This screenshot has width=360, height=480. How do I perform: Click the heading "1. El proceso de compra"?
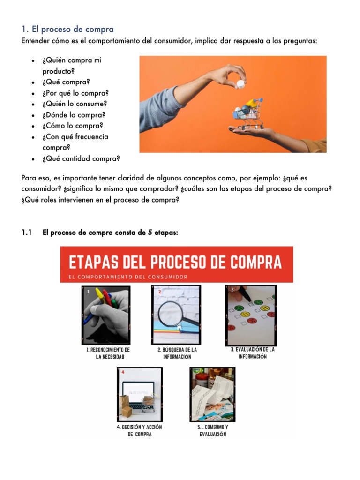coord(67,30)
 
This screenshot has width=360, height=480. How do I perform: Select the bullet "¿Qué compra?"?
coord(66,82)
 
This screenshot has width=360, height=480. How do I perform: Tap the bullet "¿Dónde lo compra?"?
coord(74,115)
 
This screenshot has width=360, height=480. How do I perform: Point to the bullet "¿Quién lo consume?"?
coord(75,104)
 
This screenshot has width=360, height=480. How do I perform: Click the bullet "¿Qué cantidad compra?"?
coord(81,158)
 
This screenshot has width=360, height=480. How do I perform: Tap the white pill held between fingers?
coord(240,84)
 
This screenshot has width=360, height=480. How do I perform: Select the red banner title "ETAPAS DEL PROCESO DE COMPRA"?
coord(176,262)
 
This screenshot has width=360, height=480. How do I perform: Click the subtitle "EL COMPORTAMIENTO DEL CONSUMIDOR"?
coord(128,277)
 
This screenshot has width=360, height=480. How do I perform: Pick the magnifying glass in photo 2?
coord(173,313)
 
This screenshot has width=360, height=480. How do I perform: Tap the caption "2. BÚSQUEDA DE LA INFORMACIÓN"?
coord(177,353)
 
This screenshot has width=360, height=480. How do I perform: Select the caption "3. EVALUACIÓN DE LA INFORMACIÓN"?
coord(253,353)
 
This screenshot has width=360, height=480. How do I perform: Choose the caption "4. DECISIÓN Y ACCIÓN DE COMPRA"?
coord(139,431)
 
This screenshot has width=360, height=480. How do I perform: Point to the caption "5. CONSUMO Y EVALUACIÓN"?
coord(212,431)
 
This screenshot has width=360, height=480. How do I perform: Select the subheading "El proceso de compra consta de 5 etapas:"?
coord(110,233)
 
